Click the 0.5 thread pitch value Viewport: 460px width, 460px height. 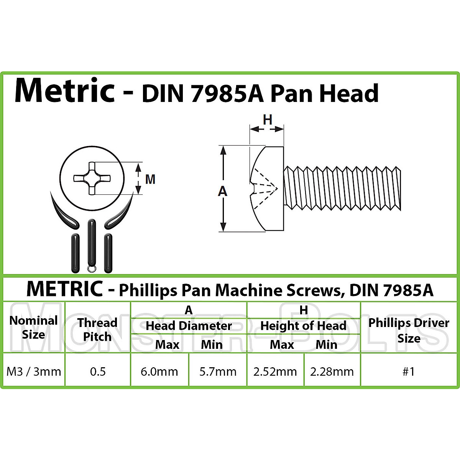click(98, 371)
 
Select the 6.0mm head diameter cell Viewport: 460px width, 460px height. click(159, 371)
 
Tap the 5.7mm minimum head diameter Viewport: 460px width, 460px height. click(218, 371)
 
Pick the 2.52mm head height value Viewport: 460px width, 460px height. click(275, 371)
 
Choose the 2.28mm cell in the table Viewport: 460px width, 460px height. click(332, 371)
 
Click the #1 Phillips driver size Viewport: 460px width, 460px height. click(409, 371)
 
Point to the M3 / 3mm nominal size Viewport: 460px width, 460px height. click(34, 371)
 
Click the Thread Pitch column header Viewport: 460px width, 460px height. click(97, 330)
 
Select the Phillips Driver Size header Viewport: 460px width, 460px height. click(409, 330)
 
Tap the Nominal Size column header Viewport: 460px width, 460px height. click(33, 327)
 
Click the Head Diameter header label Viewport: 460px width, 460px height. click(189, 326)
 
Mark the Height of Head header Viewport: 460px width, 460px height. click(303, 326)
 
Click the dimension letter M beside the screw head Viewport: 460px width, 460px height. click(150, 179)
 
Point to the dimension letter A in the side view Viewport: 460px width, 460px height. click(222, 191)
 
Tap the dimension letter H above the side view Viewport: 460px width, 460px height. click(267, 120)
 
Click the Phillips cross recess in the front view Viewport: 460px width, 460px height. click(92, 178)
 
